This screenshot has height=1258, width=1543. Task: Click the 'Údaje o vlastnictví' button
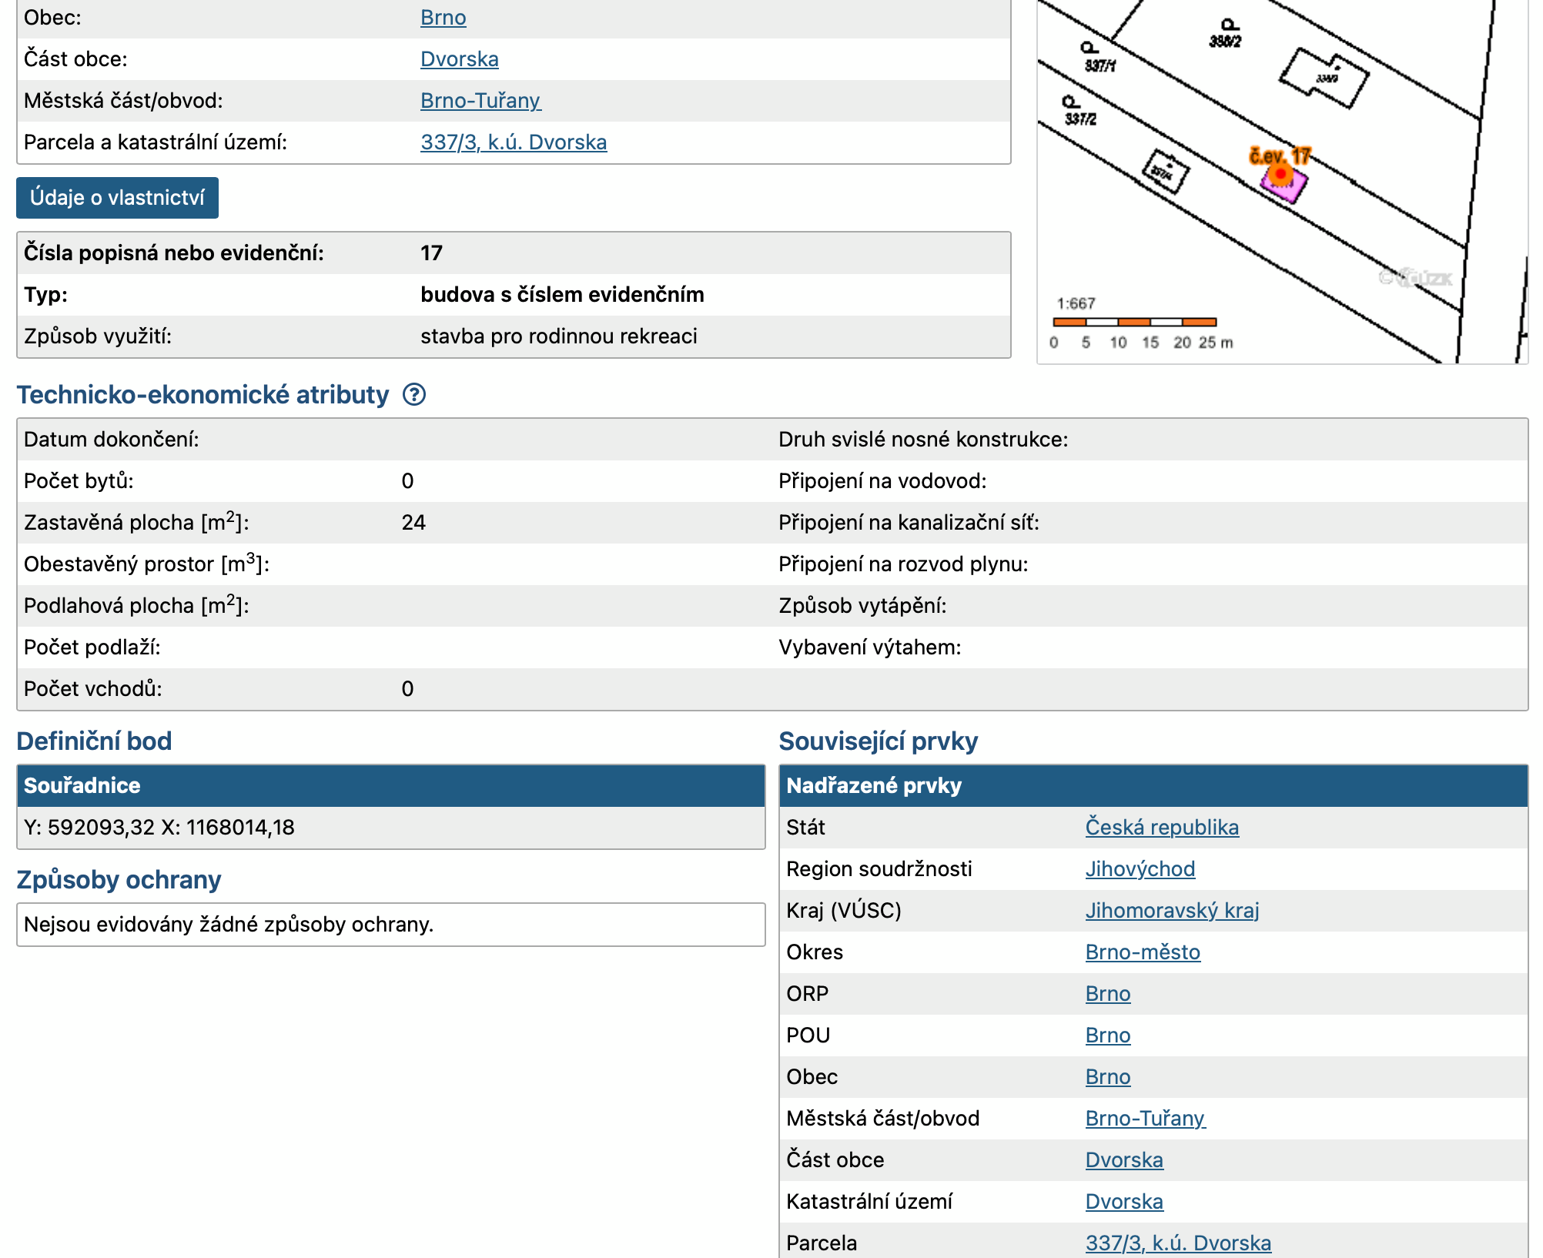tap(117, 198)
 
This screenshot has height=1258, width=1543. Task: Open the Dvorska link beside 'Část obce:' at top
tap(459, 59)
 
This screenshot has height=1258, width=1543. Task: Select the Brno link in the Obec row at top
tap(443, 18)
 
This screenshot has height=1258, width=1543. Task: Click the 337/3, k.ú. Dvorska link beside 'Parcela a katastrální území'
tap(513, 142)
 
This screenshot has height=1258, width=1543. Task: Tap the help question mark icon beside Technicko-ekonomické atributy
tap(414, 395)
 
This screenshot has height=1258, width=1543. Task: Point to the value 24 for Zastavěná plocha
tap(413, 523)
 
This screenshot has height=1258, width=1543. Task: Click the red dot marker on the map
tap(1280, 175)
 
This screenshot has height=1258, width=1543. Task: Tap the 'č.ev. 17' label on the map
tap(1279, 156)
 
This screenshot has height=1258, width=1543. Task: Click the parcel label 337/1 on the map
tap(1100, 66)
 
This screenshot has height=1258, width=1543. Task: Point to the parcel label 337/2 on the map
tap(1080, 119)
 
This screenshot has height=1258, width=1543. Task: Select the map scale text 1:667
tap(1076, 303)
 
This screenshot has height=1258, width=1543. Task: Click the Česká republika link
tap(1161, 828)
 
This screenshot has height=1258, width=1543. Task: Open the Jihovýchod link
tap(1140, 869)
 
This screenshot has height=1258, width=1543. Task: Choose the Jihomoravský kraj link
tap(1172, 911)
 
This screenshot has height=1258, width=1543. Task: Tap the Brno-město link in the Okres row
tap(1142, 952)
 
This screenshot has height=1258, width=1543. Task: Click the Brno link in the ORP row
tap(1107, 994)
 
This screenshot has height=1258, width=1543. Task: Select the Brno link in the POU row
tap(1107, 1036)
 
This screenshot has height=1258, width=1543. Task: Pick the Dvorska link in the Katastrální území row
tap(1123, 1202)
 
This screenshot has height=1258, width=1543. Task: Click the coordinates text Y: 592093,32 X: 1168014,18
tap(159, 828)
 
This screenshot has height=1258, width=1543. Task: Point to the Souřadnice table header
tap(82, 785)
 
